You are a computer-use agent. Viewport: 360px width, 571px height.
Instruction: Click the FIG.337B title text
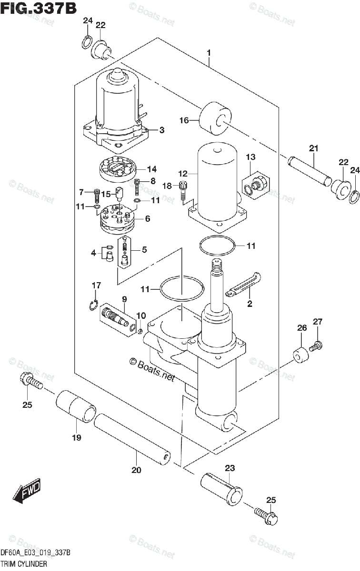pos(38,8)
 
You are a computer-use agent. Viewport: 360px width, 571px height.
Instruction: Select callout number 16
pos(184,120)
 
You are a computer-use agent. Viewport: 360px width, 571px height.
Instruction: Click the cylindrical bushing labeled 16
pos(215,118)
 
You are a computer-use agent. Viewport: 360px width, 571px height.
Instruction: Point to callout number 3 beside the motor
pos(162,130)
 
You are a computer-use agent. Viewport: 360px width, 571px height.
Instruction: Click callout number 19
pos(77,437)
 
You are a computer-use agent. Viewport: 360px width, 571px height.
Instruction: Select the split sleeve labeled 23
pos(221,489)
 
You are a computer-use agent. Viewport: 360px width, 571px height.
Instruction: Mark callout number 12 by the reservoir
pos(183,174)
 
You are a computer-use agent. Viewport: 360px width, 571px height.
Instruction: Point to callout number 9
pos(124,299)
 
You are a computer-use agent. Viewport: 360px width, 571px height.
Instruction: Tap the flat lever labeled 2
pos(243,285)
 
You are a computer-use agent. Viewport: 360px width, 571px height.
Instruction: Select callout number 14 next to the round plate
pos(151,169)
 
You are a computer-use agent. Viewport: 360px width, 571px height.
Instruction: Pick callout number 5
pos(144,249)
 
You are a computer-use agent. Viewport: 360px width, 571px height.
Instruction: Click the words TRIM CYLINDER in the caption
pos(24,563)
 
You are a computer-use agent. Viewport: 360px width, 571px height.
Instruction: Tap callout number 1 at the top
pos(209,53)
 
